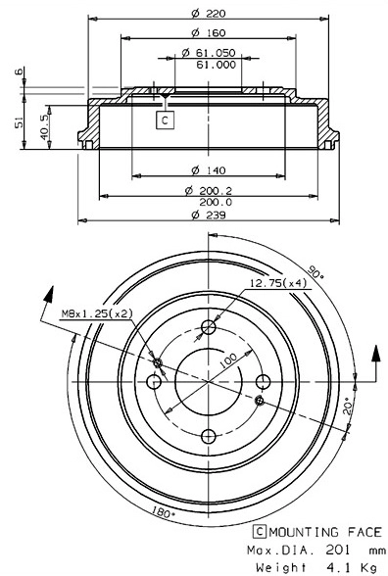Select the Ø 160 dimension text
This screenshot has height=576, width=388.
pyautogui.click(x=205, y=32)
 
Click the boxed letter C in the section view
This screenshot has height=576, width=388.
pyautogui.click(x=165, y=120)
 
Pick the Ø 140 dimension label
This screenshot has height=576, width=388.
pyautogui.click(x=205, y=168)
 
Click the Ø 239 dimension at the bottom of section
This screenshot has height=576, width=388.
pyautogui.click(x=205, y=216)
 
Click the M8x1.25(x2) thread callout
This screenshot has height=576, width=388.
pyautogui.click(x=97, y=312)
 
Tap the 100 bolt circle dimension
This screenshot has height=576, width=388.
pyautogui.click(x=227, y=360)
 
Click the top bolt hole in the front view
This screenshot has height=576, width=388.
pyautogui.click(x=208, y=328)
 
